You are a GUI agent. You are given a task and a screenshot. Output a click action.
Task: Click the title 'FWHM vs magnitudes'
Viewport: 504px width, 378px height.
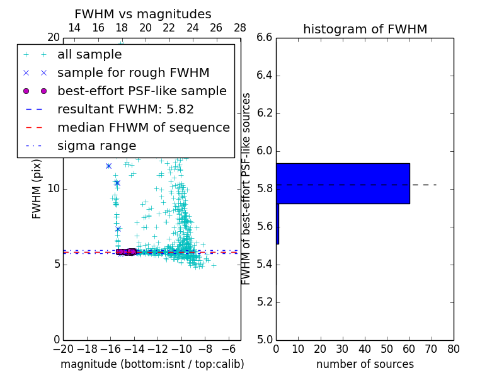coord(143,14)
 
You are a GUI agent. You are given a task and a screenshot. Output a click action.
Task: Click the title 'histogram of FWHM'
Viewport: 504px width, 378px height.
coord(365,29)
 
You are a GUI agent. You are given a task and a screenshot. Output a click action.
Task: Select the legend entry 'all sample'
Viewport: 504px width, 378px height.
coord(89,55)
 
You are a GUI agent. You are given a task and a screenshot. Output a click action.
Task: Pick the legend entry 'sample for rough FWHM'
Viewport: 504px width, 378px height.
coord(133,72)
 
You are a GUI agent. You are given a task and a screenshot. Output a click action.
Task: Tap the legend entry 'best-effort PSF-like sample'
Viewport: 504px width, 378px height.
coord(142,91)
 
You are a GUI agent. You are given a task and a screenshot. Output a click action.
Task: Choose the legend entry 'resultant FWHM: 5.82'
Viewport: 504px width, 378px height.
coord(125,109)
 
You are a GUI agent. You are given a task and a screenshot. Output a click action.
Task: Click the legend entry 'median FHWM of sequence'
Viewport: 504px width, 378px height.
coord(143,127)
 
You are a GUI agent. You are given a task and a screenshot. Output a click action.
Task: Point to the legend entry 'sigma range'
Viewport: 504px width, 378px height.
coord(96,146)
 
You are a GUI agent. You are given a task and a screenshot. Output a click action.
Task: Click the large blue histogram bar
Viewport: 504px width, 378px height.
coord(343,183)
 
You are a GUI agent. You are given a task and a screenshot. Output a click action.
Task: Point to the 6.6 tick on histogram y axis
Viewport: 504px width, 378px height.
coord(265,38)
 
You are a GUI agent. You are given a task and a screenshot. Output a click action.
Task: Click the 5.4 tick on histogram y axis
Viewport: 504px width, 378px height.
coord(265,265)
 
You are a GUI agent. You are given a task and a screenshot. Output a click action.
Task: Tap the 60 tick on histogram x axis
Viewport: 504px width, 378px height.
coord(409,348)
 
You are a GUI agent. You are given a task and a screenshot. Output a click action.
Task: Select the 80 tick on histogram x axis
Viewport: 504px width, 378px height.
coord(454,348)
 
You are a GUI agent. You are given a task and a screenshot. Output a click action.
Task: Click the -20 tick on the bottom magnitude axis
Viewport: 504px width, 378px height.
coord(63,348)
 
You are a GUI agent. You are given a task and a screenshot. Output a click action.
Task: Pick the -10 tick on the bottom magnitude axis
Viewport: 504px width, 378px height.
coord(181,348)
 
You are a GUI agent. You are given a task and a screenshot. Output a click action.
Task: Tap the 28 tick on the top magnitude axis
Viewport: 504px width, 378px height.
coord(240,28)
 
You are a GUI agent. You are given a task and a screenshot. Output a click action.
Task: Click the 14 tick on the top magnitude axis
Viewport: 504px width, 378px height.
coord(74,28)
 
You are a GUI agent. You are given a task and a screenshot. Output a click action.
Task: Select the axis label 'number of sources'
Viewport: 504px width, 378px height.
coord(365,364)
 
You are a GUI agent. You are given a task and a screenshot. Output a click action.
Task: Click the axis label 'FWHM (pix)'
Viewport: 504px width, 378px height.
coord(37,189)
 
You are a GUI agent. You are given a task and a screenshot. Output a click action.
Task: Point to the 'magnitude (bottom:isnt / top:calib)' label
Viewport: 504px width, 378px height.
coord(152,364)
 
